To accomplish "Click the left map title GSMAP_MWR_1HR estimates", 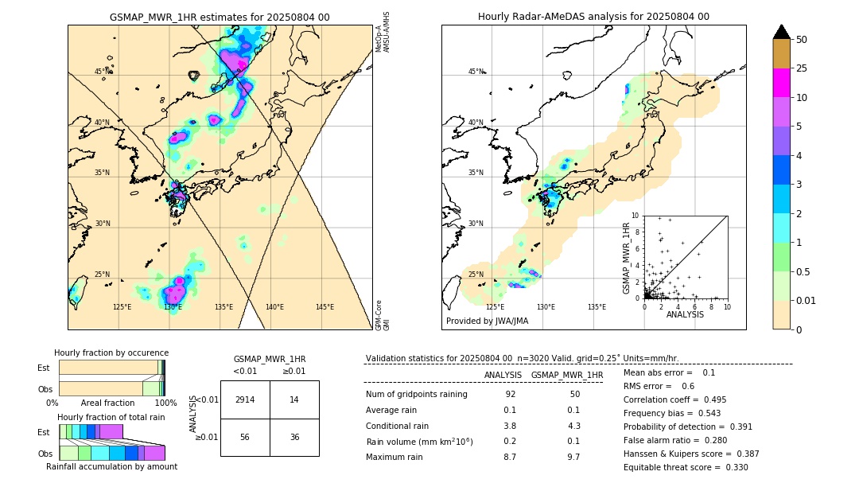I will click(x=220, y=17).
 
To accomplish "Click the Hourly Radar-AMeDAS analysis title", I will click(x=593, y=17).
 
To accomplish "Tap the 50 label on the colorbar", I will click(x=802, y=39).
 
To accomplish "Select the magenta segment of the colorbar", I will click(x=781, y=83).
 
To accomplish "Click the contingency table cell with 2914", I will click(x=245, y=399).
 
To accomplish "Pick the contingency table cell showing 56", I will click(x=245, y=437).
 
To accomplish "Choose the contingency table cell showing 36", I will click(x=294, y=437).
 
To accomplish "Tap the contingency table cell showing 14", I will click(x=294, y=399).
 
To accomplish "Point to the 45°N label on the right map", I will click(x=476, y=72).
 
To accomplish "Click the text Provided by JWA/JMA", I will click(x=487, y=321).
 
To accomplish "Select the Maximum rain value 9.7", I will click(x=573, y=458).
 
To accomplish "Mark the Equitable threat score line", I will click(x=686, y=468).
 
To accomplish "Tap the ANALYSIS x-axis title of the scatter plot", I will click(x=685, y=315).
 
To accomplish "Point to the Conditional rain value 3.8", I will click(x=510, y=426).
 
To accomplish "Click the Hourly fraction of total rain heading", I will click(x=111, y=418).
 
